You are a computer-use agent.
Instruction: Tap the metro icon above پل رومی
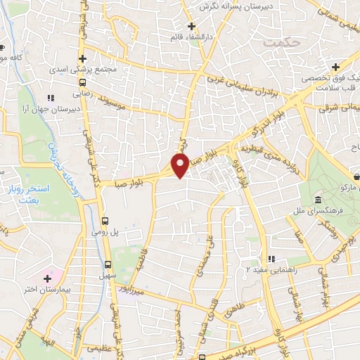tap(105, 219)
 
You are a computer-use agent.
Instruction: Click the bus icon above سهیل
tap(107, 265)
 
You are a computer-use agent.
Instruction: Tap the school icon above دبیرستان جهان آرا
tap(49, 98)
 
